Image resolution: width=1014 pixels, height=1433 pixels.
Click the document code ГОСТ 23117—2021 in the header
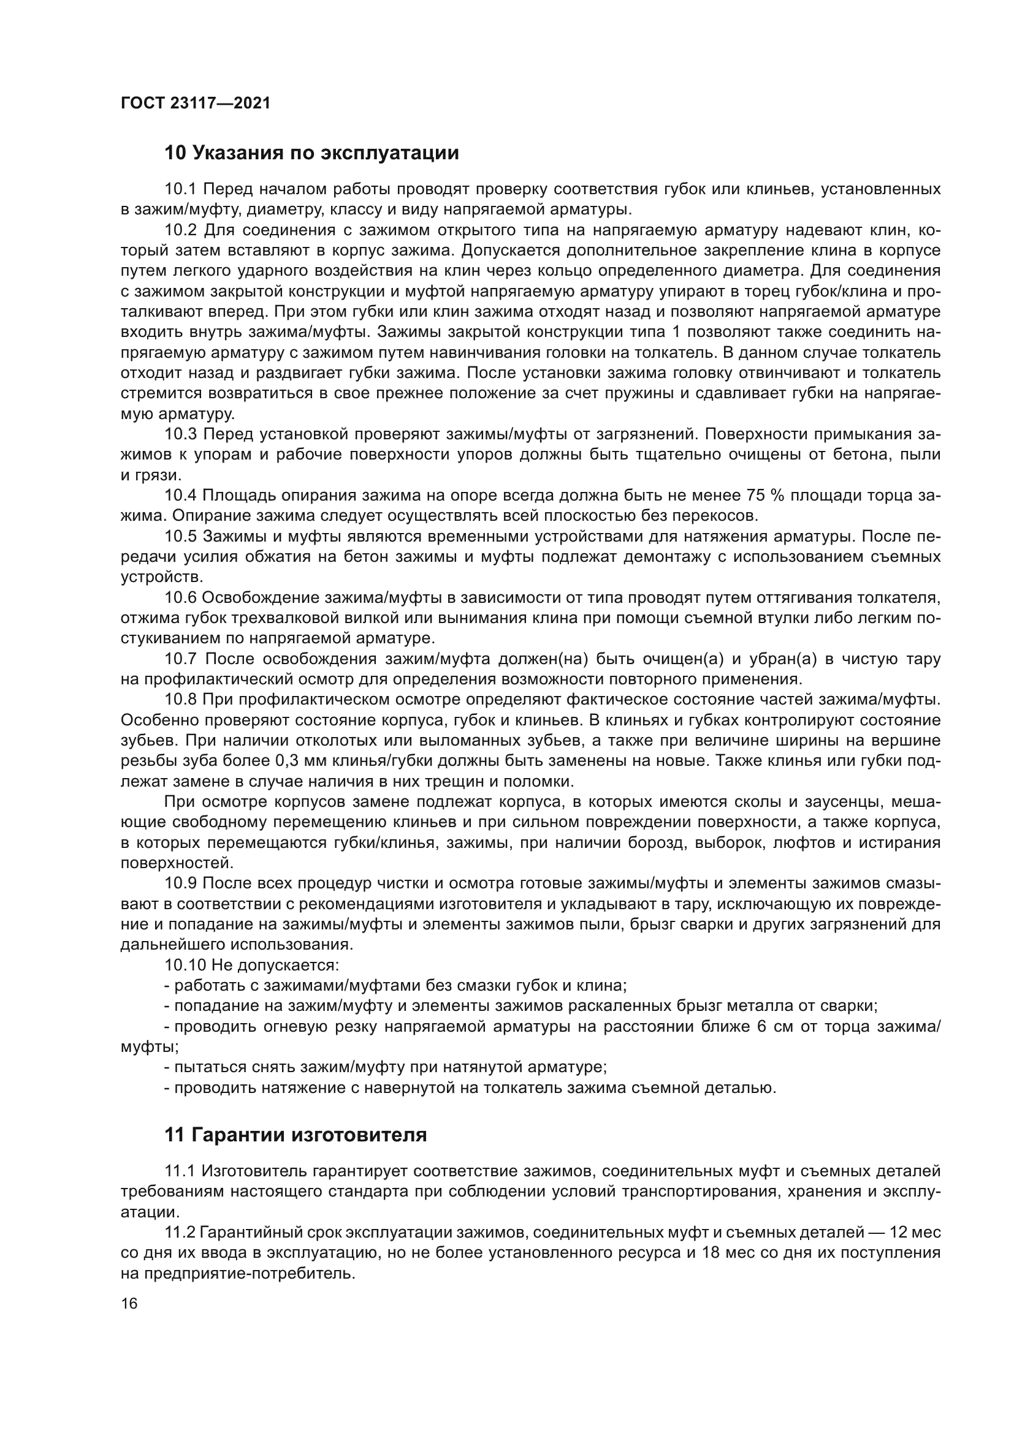(x=196, y=103)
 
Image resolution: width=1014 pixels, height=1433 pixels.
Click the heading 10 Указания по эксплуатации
(x=311, y=153)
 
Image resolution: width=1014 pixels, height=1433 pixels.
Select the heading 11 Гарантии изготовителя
(x=295, y=1135)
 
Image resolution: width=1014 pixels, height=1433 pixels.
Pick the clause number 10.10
(x=185, y=966)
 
